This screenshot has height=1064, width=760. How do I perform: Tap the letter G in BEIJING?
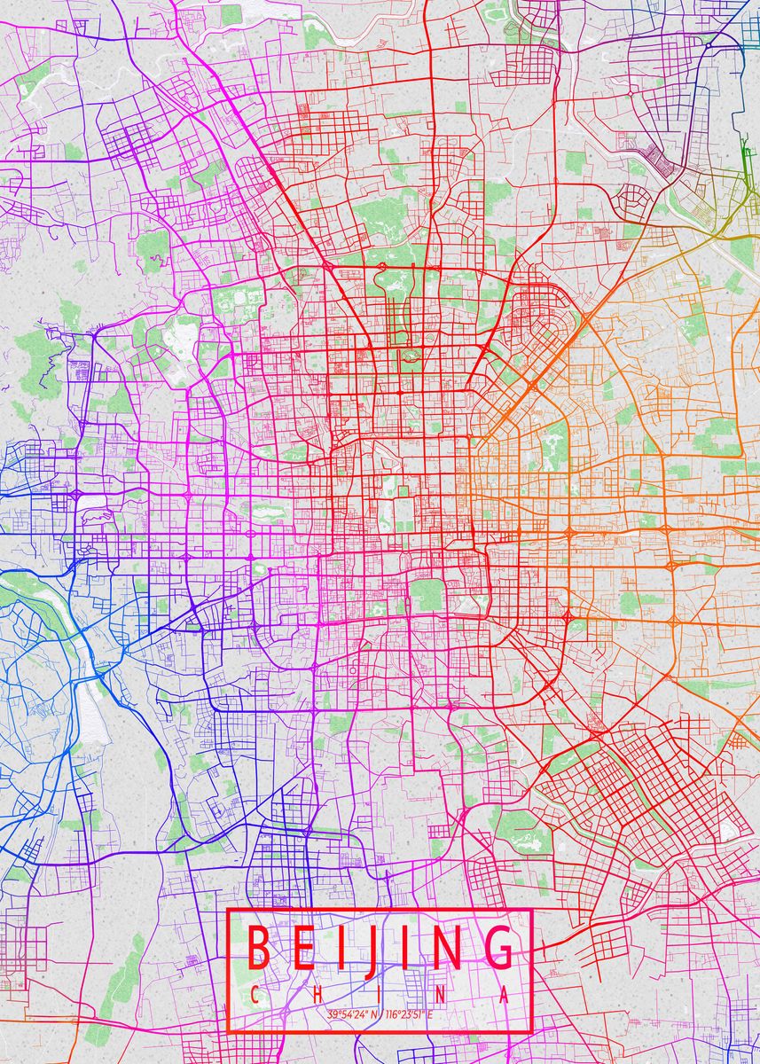[498, 948]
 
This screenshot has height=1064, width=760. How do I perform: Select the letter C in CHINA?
[255, 995]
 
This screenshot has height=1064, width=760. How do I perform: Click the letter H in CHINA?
[317, 995]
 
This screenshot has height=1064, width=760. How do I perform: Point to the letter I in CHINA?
[380, 995]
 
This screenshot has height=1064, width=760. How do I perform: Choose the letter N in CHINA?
[442, 995]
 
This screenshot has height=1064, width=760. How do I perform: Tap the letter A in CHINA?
[505, 995]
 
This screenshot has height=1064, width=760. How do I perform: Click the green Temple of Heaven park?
[427, 595]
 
